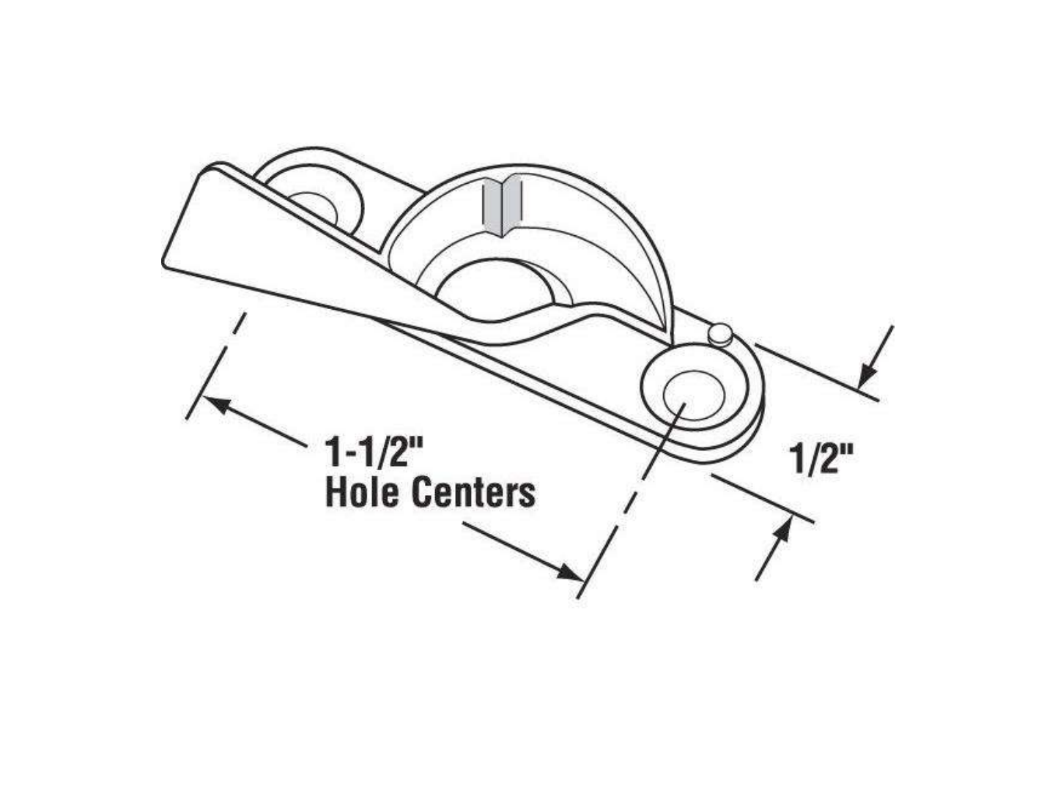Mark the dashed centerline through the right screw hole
point(630,498)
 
